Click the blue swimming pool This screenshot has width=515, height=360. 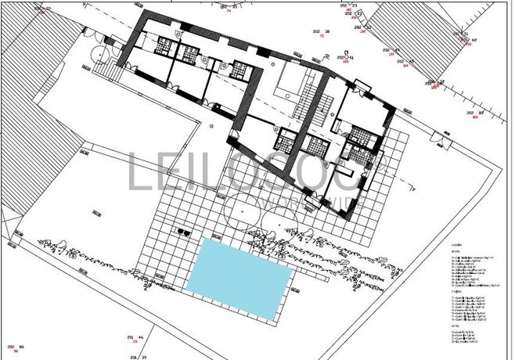(x=239, y=278)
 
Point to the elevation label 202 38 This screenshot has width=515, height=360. (x=323, y=32)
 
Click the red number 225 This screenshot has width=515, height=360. (x=474, y=119)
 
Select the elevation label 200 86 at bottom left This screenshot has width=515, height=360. (x=16, y=346)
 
